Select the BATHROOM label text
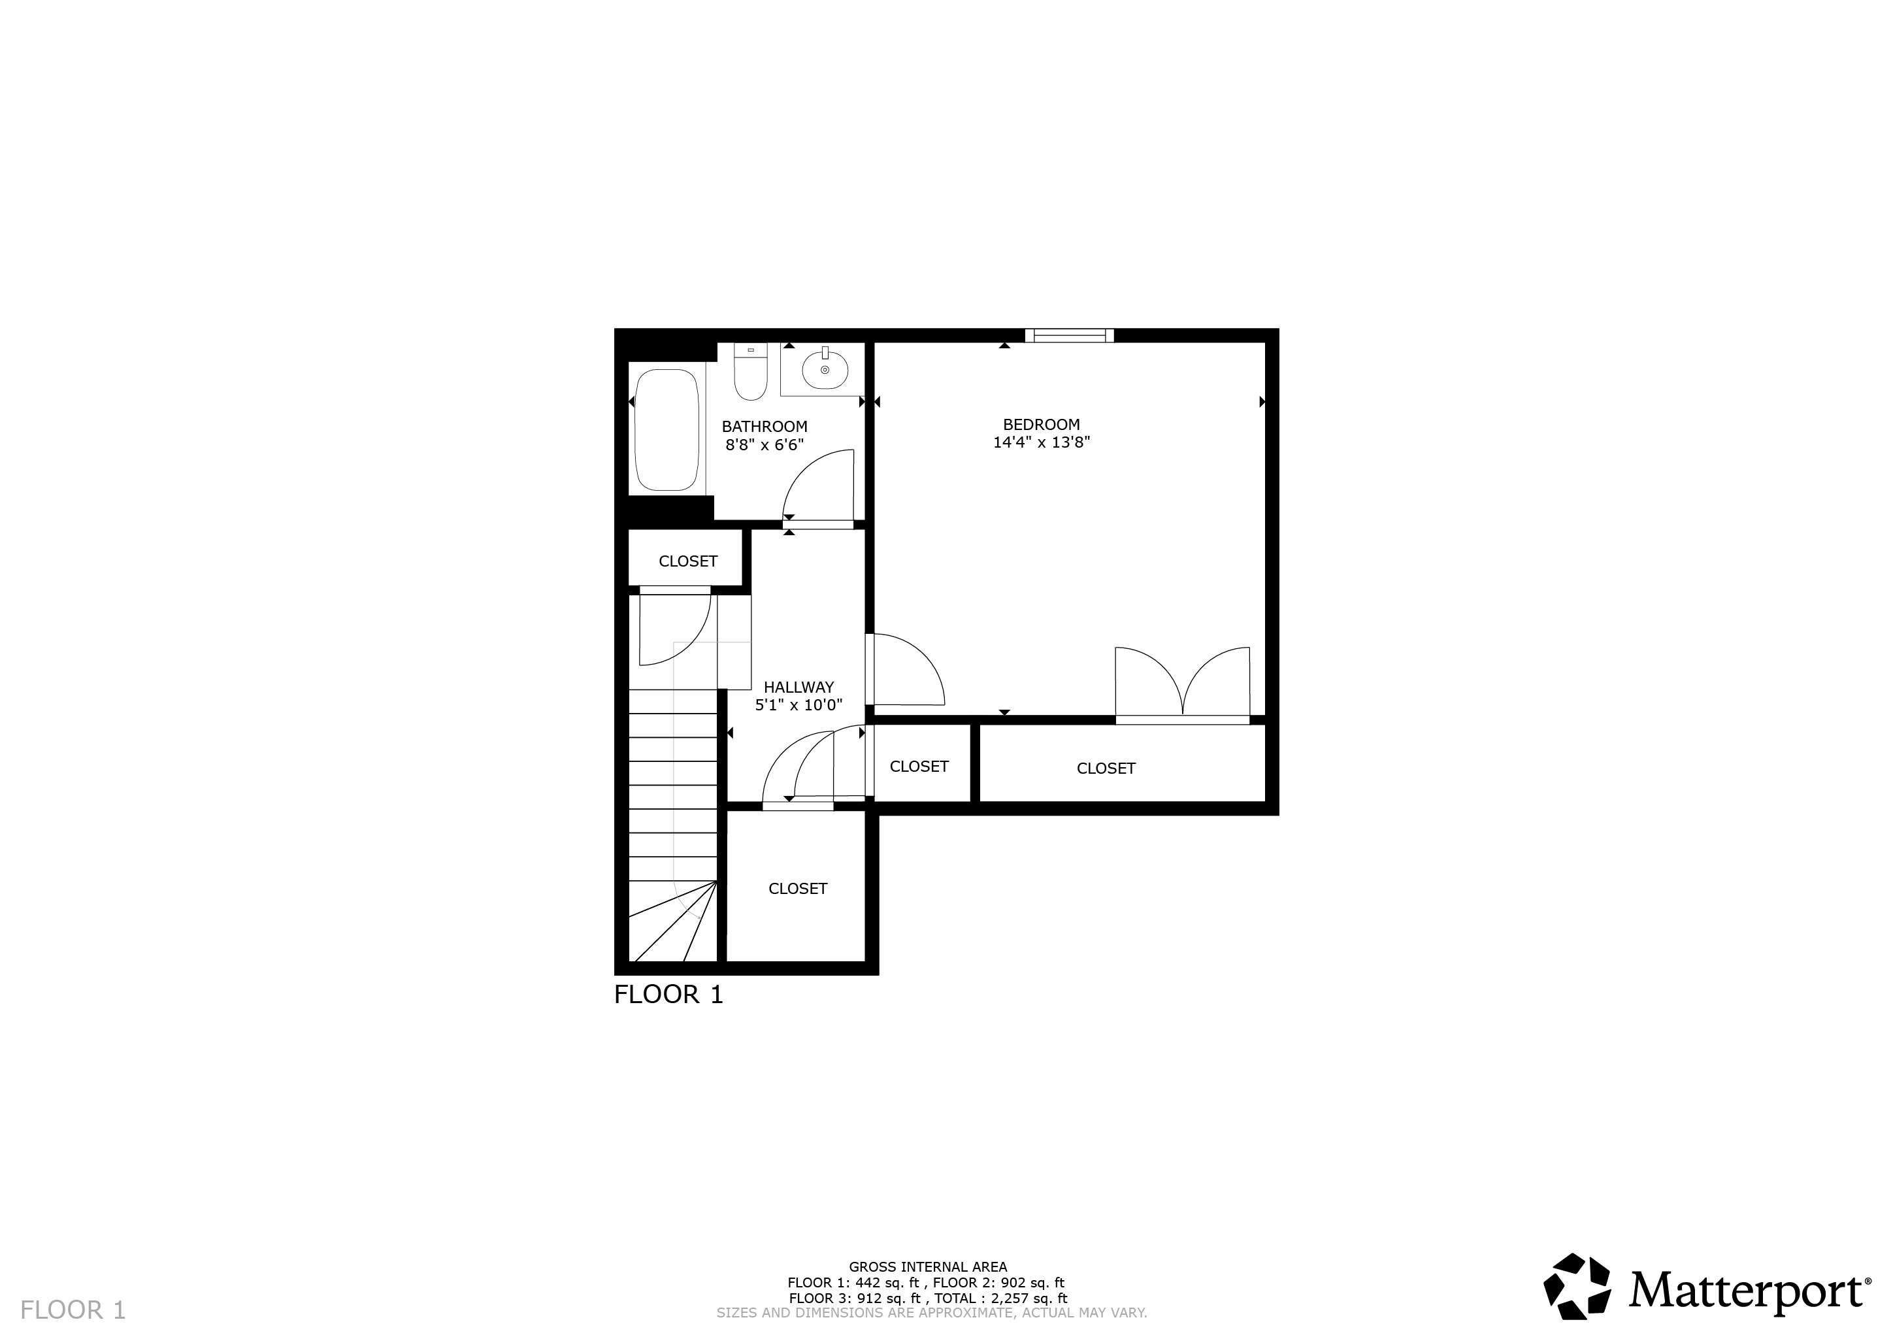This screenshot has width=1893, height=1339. (x=765, y=426)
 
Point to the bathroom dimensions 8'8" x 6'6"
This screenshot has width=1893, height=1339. (x=765, y=445)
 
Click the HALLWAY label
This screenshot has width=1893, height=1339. (x=798, y=687)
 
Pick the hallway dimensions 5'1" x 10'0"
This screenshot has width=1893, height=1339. (x=798, y=705)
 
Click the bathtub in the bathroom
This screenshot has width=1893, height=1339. (x=667, y=429)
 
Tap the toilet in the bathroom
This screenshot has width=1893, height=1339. (x=750, y=375)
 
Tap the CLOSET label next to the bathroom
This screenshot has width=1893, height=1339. (x=687, y=561)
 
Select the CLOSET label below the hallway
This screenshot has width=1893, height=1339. (x=797, y=889)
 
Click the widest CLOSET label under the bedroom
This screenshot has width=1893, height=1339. (x=1106, y=769)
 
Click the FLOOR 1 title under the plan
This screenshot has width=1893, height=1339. (x=668, y=995)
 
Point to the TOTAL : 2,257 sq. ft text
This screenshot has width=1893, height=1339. (x=1000, y=1298)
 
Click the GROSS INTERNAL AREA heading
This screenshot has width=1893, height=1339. (x=927, y=1267)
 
